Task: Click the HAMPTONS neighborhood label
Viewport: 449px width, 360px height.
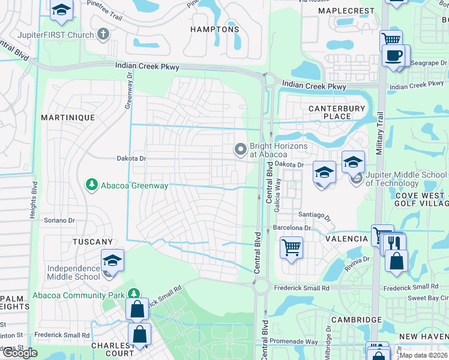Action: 214,29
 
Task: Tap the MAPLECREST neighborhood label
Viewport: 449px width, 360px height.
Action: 358,11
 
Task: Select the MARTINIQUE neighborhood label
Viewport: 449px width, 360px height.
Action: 68,118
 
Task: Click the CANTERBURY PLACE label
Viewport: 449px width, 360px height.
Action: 337,112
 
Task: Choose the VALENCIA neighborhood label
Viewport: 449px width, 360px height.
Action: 346,239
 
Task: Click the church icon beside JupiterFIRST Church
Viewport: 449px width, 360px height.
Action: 103,34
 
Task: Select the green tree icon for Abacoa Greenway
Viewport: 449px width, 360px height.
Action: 91,185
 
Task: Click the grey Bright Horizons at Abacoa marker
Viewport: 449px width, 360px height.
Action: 241,148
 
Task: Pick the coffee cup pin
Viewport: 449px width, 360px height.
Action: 394,56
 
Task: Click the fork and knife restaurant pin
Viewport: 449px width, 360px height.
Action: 394,244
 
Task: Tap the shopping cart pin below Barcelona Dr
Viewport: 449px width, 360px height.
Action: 291,247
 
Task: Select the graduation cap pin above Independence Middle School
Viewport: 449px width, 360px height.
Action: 112,260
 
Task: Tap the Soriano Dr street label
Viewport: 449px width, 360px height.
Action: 59,220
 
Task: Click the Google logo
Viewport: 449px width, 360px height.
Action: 20,353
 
